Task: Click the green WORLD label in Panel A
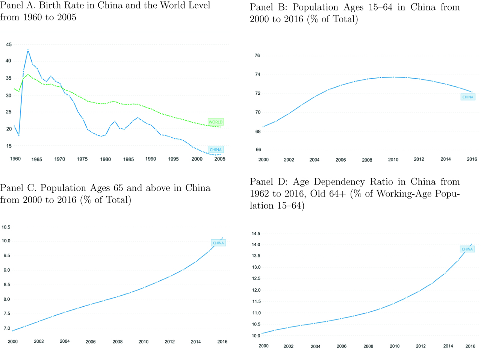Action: pos(216,122)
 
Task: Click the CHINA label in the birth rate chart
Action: pos(216,150)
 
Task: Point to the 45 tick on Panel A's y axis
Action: pos(9,44)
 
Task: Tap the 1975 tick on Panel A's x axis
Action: pos(82,159)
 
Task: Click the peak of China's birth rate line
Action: pos(28,50)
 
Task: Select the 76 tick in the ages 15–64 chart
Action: pos(257,55)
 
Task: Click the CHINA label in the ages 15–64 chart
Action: pos(468,97)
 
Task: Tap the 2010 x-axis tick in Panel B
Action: pos(393,160)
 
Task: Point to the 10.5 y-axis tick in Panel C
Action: pos(6,227)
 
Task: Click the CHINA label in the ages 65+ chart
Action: pos(218,243)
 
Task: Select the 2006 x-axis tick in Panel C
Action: pos(91,342)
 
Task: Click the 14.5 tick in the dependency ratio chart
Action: pos(256,234)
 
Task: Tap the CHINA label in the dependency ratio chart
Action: pos(467,249)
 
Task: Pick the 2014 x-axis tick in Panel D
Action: pos(448,346)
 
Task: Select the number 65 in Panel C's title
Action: pos(118,188)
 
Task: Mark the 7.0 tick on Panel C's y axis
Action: pos(7,328)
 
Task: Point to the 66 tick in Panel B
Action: pos(258,150)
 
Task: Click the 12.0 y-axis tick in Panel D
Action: pos(256,290)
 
